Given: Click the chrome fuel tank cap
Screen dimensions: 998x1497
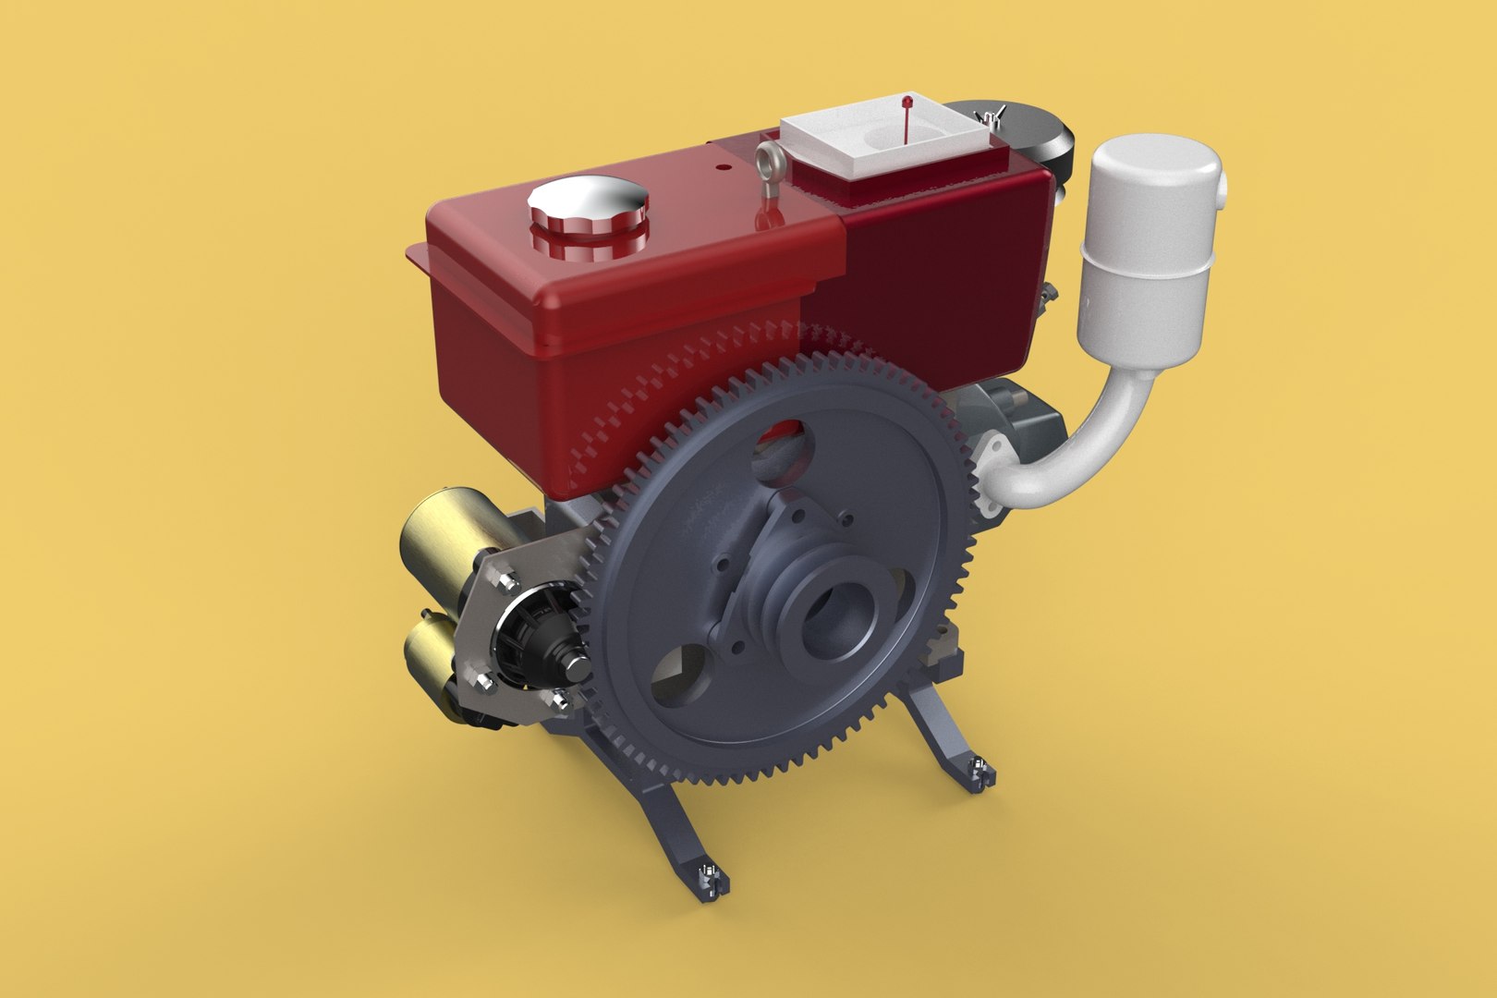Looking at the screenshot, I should click(586, 208).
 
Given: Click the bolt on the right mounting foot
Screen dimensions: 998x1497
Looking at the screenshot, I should click(976, 766).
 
